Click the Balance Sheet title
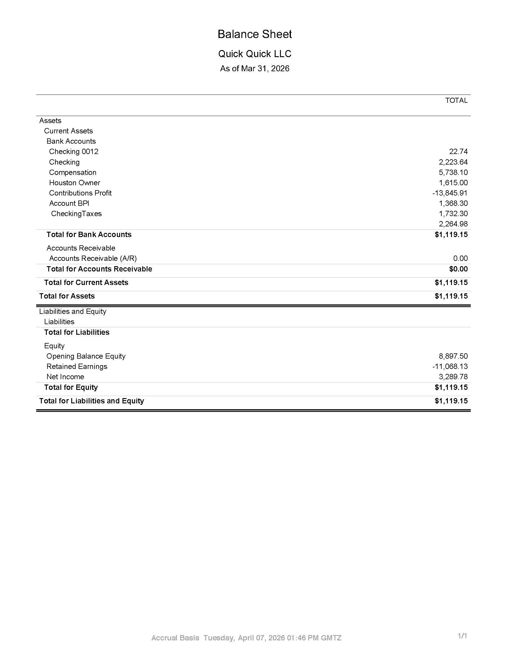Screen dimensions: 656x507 tap(254, 34)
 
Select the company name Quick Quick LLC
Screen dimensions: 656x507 tap(254, 54)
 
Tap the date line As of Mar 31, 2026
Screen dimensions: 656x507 tap(254, 69)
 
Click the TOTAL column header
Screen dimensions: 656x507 tap(456, 100)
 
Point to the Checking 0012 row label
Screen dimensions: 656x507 tap(74, 151)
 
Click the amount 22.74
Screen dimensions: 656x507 tap(458, 151)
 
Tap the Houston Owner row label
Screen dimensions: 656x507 tap(74, 183)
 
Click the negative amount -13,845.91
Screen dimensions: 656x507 tap(450, 193)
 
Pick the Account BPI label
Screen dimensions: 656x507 tap(69, 203)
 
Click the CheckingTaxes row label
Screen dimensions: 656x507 tap(76, 213)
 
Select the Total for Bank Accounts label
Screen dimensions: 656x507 tap(89, 234)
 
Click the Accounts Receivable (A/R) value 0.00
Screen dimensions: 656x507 tap(460, 258)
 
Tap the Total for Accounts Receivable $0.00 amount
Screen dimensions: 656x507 tap(458, 269)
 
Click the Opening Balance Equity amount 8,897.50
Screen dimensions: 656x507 tap(453, 356)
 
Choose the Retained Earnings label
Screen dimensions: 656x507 tap(77, 367)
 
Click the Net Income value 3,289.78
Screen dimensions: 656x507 tap(453, 377)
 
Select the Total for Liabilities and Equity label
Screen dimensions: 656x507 tap(92, 401)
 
